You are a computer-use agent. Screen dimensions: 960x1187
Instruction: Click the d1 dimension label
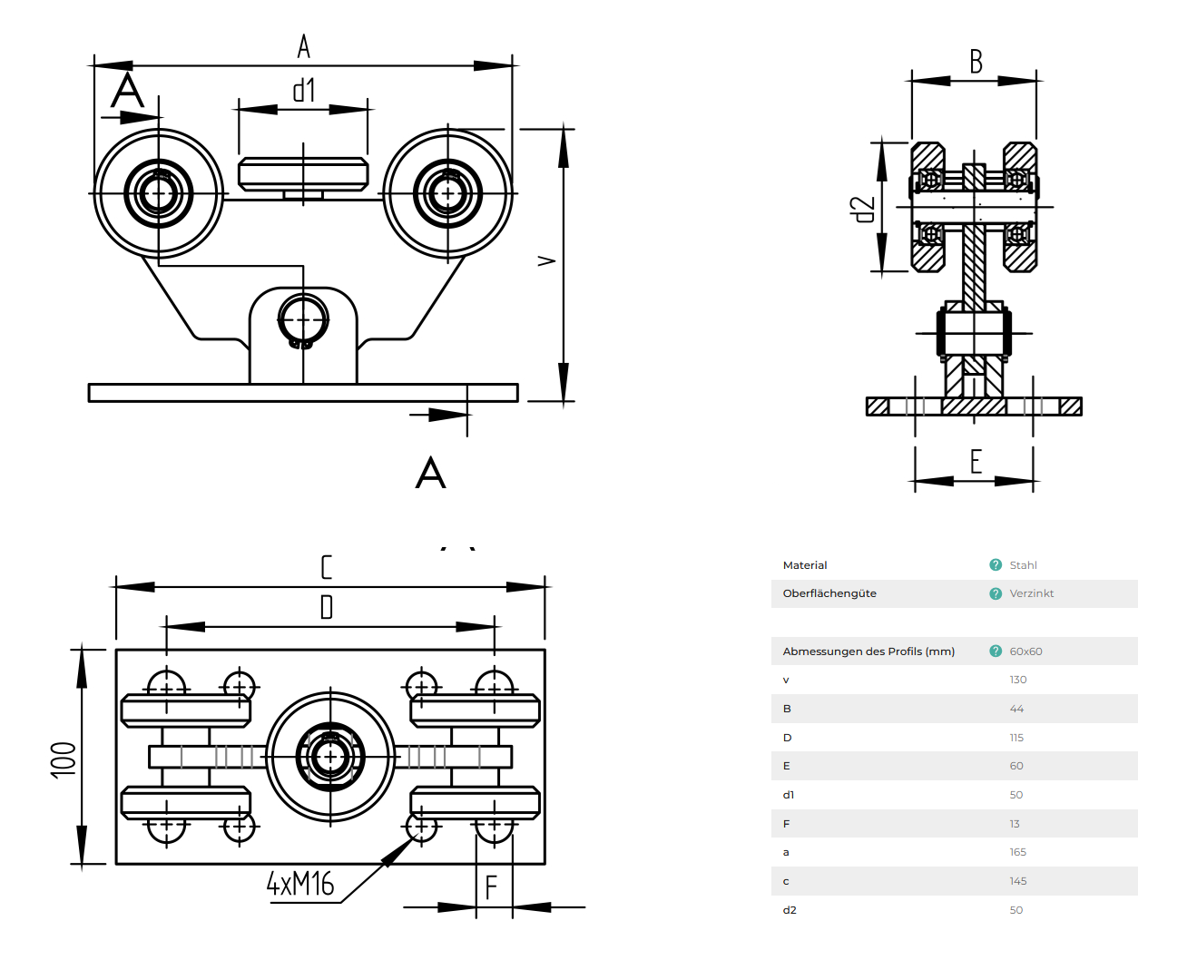click(x=303, y=90)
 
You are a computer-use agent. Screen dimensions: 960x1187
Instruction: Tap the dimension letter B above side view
click(x=976, y=62)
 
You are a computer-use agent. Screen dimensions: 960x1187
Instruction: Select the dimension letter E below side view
click(x=976, y=462)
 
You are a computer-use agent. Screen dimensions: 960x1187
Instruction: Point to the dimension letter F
click(x=491, y=887)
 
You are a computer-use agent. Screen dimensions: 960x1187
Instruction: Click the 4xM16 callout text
click(x=300, y=883)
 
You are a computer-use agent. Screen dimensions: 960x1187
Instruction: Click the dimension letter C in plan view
click(x=327, y=567)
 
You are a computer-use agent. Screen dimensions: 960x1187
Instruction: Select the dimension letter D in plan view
click(x=327, y=606)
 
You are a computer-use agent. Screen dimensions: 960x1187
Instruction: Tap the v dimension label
click(x=546, y=260)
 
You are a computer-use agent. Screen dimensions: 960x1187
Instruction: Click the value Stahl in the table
click(x=1023, y=565)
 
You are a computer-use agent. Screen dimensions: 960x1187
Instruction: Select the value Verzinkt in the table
click(x=1032, y=593)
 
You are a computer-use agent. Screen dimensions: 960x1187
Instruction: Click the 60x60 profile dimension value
click(x=1025, y=651)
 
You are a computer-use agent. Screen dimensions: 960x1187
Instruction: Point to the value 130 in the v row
click(x=1018, y=680)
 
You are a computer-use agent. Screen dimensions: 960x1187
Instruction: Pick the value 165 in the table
click(x=1018, y=852)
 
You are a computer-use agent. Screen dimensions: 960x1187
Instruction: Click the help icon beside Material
click(x=996, y=565)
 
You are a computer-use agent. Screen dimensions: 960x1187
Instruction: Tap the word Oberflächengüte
click(x=829, y=593)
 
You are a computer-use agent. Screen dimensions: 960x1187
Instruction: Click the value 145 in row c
click(x=1018, y=881)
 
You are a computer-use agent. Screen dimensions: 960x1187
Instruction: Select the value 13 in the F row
click(x=1015, y=824)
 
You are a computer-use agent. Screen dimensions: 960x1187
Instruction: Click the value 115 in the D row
click(x=1016, y=738)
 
